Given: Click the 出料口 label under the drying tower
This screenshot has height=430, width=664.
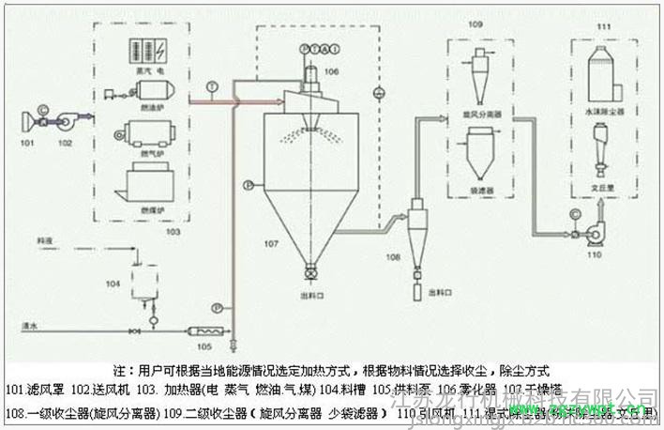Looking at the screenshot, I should coord(311,291).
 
